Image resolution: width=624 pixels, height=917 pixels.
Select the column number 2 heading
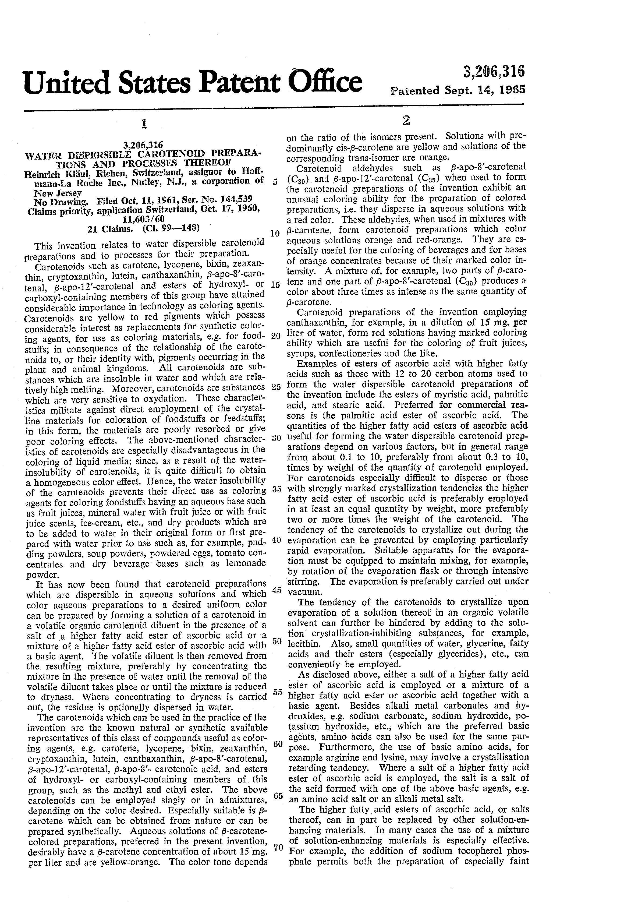406,122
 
